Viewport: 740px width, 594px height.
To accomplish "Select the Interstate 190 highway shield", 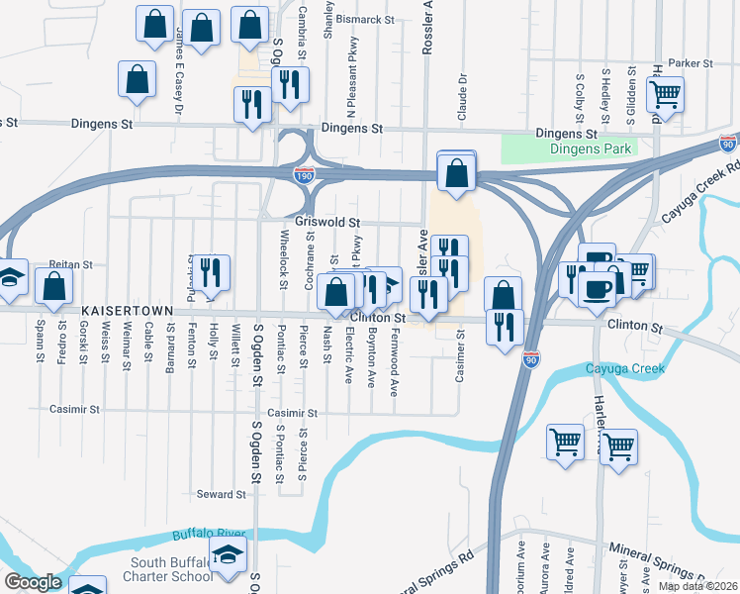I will (305, 174).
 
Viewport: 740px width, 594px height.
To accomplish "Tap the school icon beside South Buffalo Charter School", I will (229, 557).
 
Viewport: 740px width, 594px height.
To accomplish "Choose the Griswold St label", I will (326, 224).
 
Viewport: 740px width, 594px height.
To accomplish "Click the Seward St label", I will (220, 494).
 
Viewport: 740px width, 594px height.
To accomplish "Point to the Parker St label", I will (690, 63).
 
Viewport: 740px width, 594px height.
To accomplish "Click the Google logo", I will (33, 582).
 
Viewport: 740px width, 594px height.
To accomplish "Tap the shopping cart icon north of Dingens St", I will (666, 94).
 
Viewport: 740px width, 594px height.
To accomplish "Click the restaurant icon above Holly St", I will (211, 270).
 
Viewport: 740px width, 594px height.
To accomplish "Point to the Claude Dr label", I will (461, 96).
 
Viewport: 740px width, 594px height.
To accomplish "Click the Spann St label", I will (41, 341).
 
